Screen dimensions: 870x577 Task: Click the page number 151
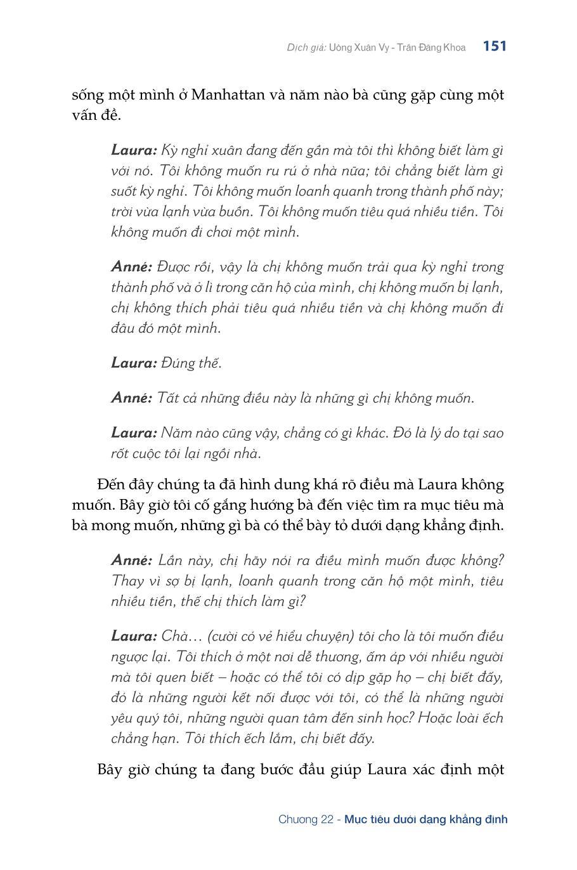click(x=495, y=46)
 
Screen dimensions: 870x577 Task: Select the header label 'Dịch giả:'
click(x=306, y=48)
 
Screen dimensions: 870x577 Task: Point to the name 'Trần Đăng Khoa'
click(x=431, y=48)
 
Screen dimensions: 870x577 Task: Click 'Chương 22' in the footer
click(x=306, y=819)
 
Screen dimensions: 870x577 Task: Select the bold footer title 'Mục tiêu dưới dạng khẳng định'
click(x=426, y=819)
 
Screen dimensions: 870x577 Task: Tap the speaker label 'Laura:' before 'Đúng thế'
click(x=134, y=363)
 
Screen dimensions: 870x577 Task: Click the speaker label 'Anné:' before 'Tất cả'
click(x=132, y=398)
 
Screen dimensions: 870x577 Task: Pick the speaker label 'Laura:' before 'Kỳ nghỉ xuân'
click(x=134, y=150)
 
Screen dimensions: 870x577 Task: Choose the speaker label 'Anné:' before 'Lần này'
click(x=132, y=561)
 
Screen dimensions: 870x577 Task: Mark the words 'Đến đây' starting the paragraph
click(x=120, y=485)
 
